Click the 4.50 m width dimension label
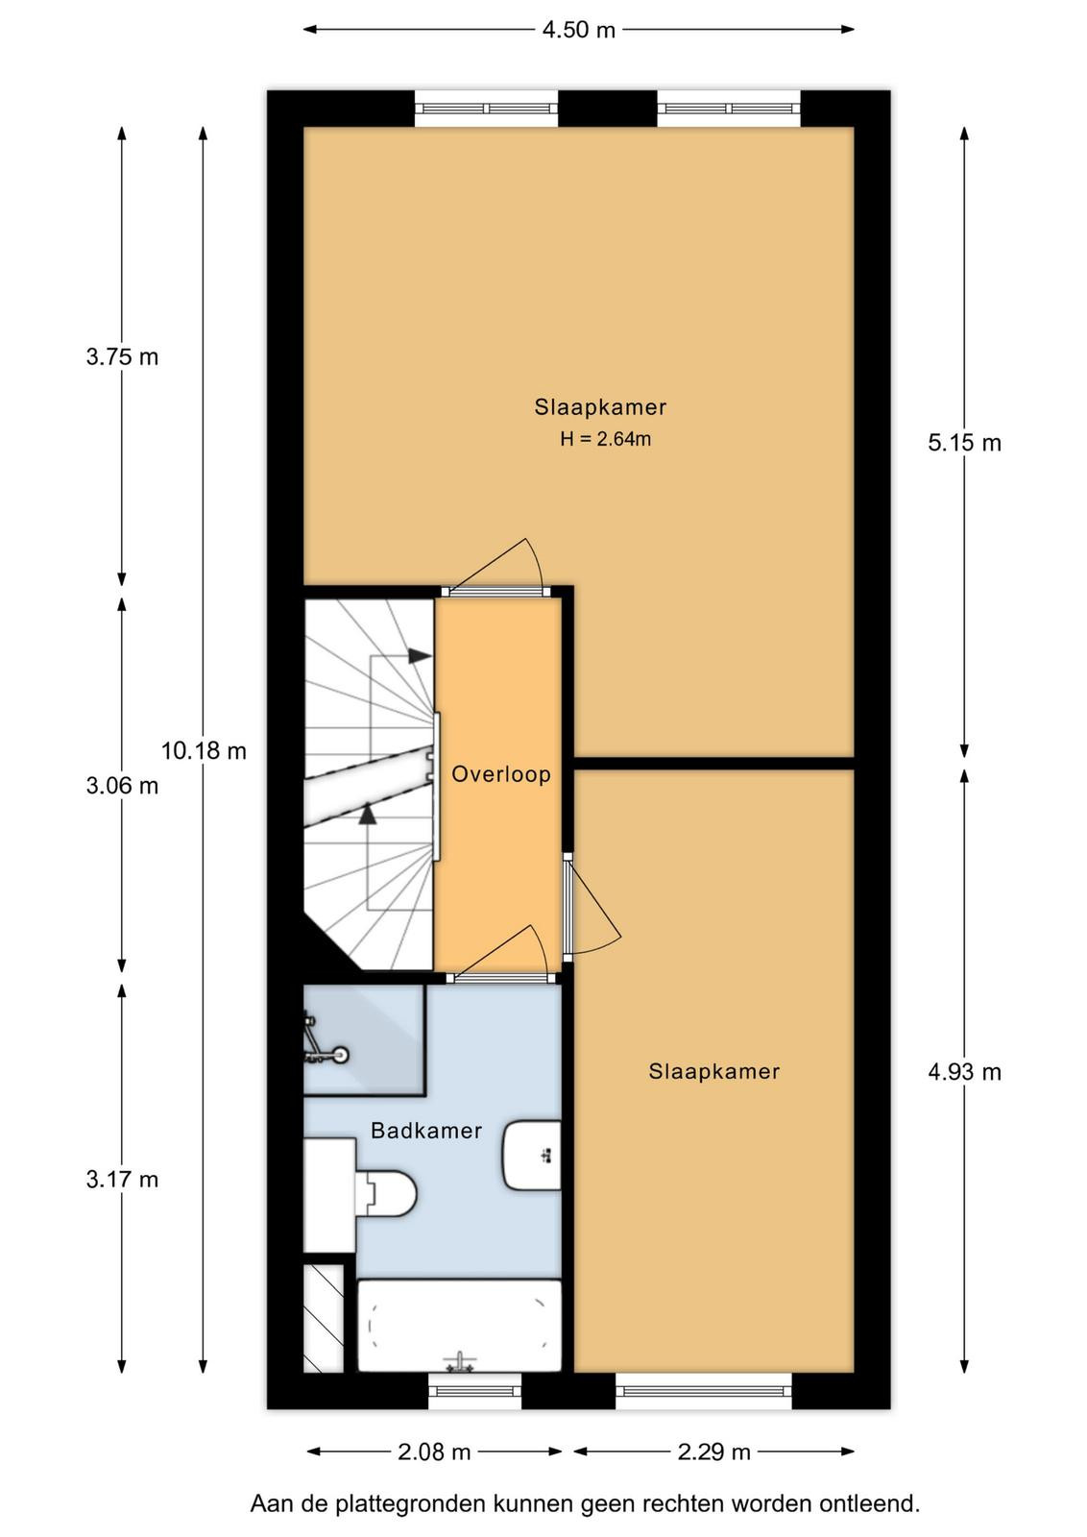point(578,30)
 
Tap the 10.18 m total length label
point(204,750)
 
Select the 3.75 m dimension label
point(122,356)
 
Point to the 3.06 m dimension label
point(122,786)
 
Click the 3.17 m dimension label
point(122,1180)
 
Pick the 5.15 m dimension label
point(964,443)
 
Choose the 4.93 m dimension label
point(964,1072)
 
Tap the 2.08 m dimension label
point(434,1452)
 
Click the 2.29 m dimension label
point(713,1452)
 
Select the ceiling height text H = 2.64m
point(606,439)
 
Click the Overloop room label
point(501,774)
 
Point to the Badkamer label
point(426,1131)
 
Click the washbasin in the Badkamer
point(532,1156)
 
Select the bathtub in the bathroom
point(459,1325)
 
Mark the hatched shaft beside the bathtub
point(323,1318)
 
